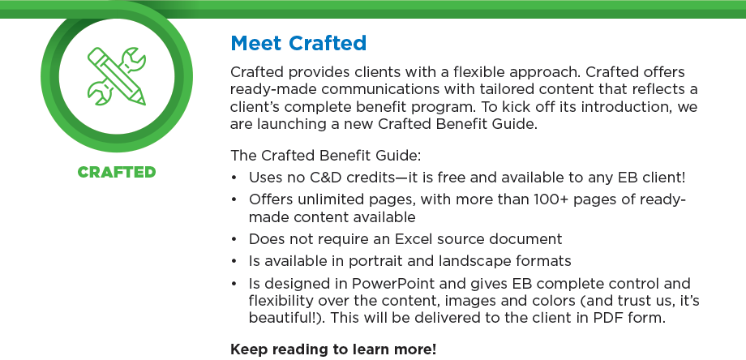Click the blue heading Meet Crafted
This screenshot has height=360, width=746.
(x=298, y=43)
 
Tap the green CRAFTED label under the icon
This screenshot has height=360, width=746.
(x=117, y=172)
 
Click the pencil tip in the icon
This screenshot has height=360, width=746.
(x=142, y=101)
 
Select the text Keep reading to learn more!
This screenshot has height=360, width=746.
(x=333, y=349)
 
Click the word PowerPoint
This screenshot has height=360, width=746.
(x=393, y=284)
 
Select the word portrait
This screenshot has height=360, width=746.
(x=376, y=262)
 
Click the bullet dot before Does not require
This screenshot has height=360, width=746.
(x=234, y=239)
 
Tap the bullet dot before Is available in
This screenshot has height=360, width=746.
(x=234, y=261)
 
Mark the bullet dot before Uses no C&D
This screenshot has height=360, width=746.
(x=234, y=178)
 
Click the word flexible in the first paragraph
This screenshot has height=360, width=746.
(x=478, y=72)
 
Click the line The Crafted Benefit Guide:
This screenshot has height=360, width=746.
(x=326, y=156)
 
